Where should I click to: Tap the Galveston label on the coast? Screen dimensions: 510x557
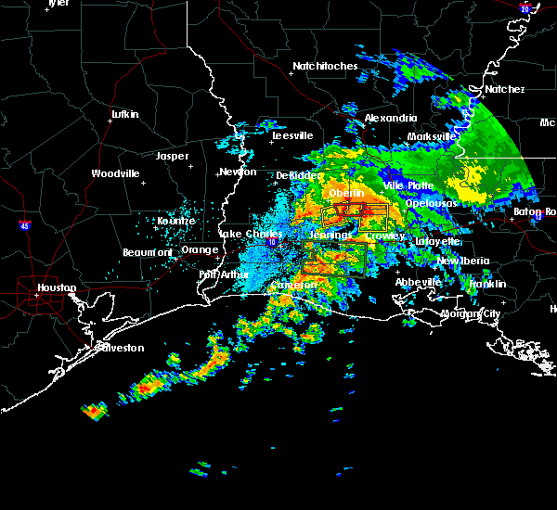tap(123, 348)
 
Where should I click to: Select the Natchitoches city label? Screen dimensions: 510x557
tap(325, 67)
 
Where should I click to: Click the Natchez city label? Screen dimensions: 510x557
tap(504, 89)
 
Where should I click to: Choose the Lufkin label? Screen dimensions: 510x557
tap(124, 114)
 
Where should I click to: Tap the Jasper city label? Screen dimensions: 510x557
tap(173, 156)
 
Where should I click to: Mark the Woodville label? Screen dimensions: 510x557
tap(115, 173)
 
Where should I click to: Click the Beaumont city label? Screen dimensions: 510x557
tap(148, 252)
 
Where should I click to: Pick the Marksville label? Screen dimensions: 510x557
tap(432, 136)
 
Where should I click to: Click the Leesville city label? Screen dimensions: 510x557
tap(292, 135)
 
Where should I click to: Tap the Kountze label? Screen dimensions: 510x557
tap(176, 221)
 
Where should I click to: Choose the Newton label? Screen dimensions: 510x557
tap(238, 172)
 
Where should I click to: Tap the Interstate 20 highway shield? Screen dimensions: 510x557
tap(525, 8)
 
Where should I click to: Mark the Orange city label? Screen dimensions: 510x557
tap(200, 249)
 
